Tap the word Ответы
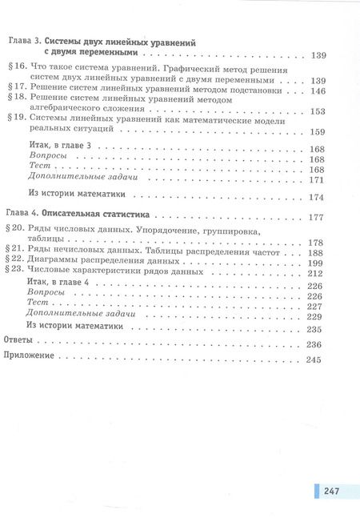pyautogui.click(x=22, y=343)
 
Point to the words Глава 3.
pyautogui.click(x=22, y=41)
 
